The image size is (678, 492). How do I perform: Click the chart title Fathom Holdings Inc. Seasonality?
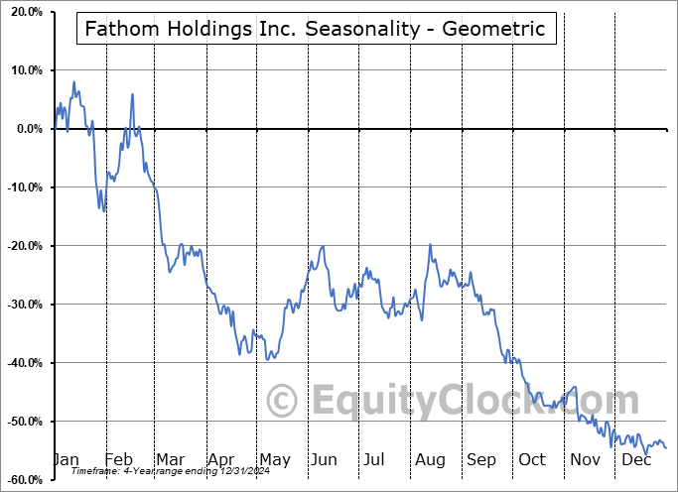tap(315, 29)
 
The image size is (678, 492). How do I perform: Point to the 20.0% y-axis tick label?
tap(25, 12)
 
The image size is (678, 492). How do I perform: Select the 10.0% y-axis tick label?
tap(25, 70)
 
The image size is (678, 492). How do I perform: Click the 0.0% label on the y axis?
tap(28, 129)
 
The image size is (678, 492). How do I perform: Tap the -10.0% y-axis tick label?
tap(23, 187)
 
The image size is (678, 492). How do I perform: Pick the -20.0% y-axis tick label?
tap(23, 246)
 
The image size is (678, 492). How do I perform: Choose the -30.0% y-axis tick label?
tap(23, 305)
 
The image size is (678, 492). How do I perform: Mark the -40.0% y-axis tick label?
tap(23, 363)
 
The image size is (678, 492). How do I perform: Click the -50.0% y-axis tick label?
tap(23, 422)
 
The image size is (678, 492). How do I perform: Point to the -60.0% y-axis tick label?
tap(23, 480)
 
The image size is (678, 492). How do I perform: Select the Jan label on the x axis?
tap(65, 459)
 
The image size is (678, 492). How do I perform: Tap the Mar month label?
tap(170, 459)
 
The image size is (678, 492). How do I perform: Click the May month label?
tap(274, 459)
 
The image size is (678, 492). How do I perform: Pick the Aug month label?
tap(430, 459)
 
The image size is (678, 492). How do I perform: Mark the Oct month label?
tap(532, 459)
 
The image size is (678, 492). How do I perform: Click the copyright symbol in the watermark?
tap(284, 402)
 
